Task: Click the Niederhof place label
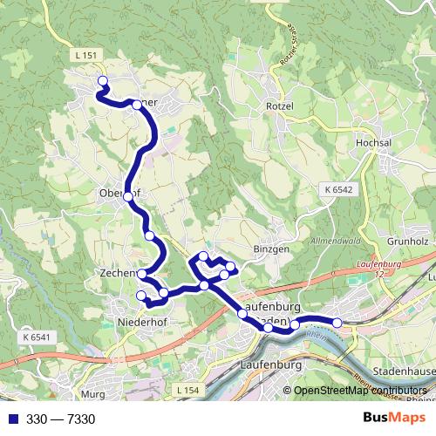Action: [x=140, y=322]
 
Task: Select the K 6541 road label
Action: [x=38, y=337]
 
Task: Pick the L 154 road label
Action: [x=187, y=389]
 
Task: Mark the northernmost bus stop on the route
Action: [x=102, y=82]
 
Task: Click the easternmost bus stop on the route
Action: [x=337, y=324]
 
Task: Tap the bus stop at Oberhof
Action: [x=128, y=197]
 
